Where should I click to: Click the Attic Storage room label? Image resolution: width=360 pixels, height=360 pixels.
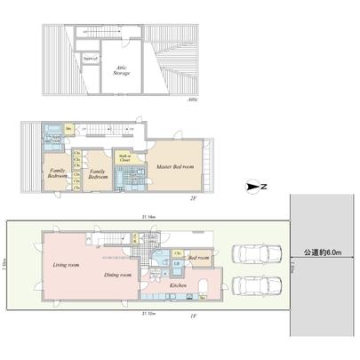point(118,72)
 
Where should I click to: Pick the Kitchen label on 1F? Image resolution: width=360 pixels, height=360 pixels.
point(176,284)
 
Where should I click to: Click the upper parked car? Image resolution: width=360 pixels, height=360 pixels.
point(251,255)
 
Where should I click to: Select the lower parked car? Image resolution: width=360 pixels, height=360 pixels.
point(251,288)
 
